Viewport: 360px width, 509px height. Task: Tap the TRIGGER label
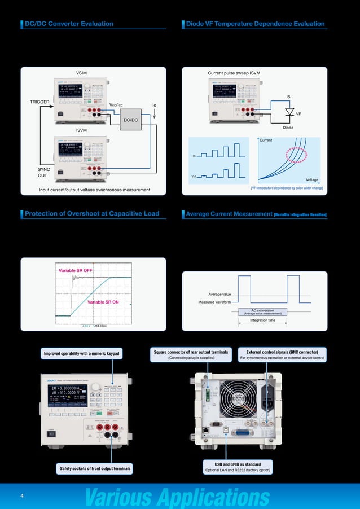coord(39,102)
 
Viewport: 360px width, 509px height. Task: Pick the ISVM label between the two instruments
coord(84,130)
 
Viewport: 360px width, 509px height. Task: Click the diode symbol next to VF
coord(290,112)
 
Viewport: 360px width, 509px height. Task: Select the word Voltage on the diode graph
coord(311,179)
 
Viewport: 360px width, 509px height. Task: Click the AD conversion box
coord(262,311)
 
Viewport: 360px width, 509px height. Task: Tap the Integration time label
coord(262,321)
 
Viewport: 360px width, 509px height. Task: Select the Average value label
coord(219,294)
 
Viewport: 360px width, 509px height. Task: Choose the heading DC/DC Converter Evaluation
coord(69,24)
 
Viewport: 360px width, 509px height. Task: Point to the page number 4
coord(21,496)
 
